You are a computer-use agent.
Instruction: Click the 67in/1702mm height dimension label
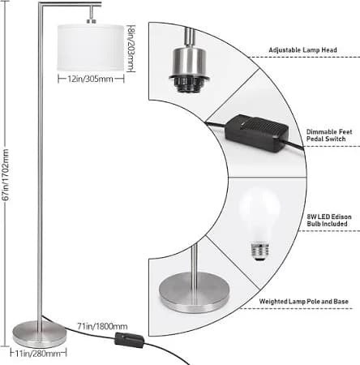pyautogui.click(x=6, y=175)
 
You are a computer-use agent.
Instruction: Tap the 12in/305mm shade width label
pyautogui.click(x=90, y=79)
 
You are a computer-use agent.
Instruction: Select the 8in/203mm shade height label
pyautogui.click(x=131, y=49)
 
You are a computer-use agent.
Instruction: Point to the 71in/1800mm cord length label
pyautogui.click(x=102, y=326)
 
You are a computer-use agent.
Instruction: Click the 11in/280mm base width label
pyautogui.click(x=38, y=354)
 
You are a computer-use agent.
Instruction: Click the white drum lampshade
pyautogui.click(x=91, y=48)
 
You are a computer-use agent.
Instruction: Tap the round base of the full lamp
pyautogui.click(x=40, y=334)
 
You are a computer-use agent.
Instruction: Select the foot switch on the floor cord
pyautogui.click(x=130, y=340)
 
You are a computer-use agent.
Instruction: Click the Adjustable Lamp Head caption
pyautogui.click(x=302, y=50)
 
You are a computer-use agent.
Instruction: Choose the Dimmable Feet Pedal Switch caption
pyautogui.click(x=329, y=135)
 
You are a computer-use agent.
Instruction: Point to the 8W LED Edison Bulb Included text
pyautogui.click(x=329, y=220)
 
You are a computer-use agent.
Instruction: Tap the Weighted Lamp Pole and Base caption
pyautogui.click(x=304, y=301)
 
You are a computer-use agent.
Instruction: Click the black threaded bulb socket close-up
pyautogui.click(x=189, y=84)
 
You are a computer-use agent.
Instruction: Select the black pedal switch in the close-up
pyautogui.click(x=255, y=133)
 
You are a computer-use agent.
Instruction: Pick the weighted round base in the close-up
pyautogui.click(x=195, y=293)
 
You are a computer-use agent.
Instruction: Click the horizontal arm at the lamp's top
pyautogui.click(x=70, y=3)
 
